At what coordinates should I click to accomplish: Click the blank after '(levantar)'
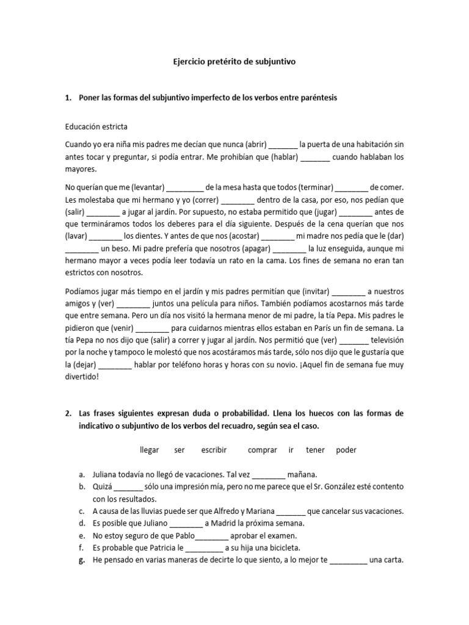(x=184, y=188)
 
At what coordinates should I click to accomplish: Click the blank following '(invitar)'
(x=349, y=291)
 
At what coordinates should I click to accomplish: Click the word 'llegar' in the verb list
(x=149, y=450)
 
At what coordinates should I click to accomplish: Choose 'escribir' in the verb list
(x=214, y=450)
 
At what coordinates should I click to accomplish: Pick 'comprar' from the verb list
(x=262, y=450)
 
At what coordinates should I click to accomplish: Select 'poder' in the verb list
(x=346, y=450)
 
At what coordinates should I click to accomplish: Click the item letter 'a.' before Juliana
(x=82, y=474)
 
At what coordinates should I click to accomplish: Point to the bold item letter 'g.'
(x=82, y=560)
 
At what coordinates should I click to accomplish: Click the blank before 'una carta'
(x=349, y=560)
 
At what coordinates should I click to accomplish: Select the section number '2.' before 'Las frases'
(x=68, y=413)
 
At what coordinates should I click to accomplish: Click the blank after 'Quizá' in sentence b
(x=128, y=486)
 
